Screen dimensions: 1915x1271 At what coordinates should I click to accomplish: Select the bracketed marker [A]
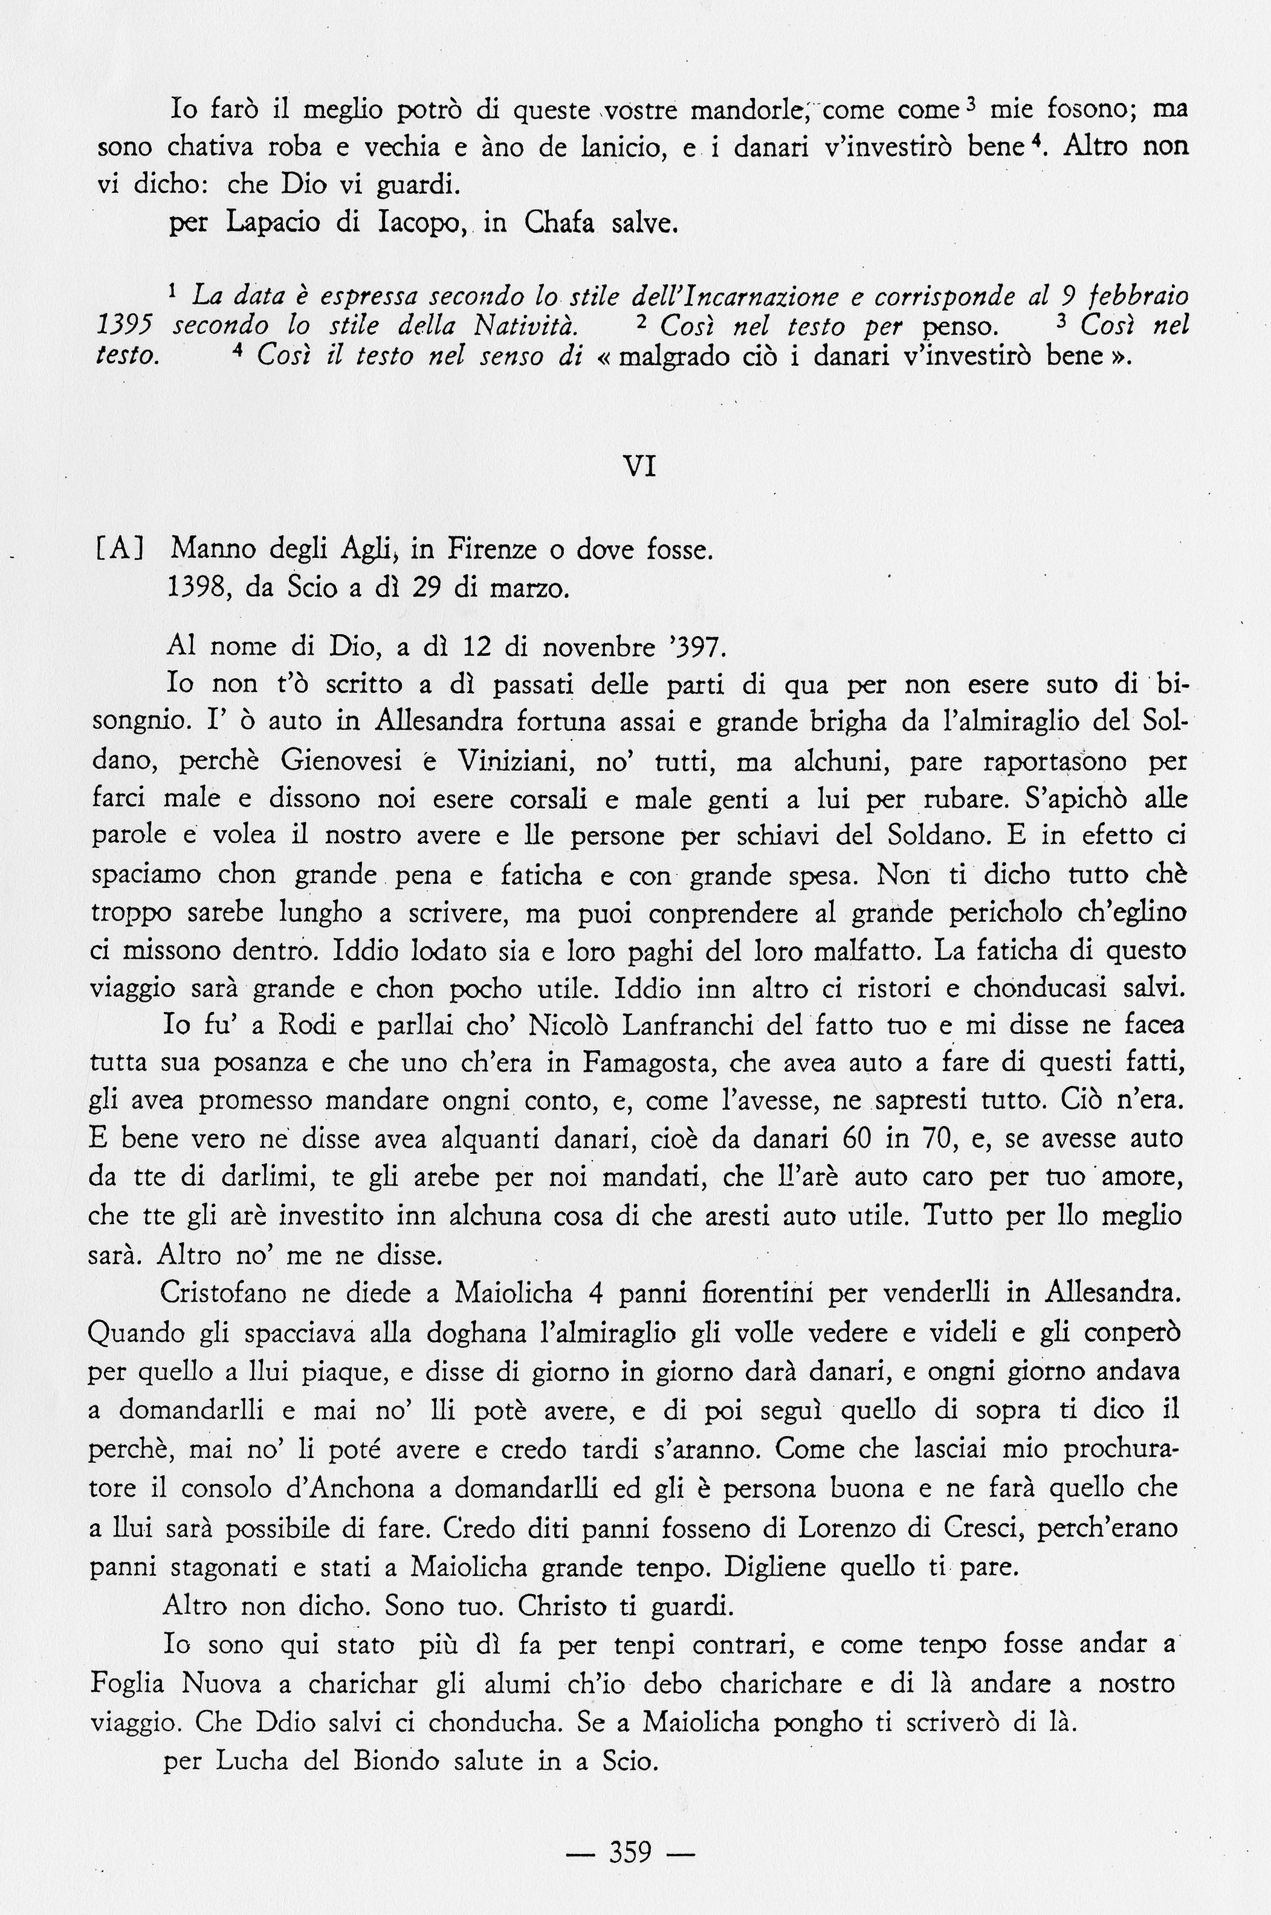(x=119, y=549)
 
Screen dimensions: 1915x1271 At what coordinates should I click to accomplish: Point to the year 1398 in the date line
(x=195, y=587)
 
